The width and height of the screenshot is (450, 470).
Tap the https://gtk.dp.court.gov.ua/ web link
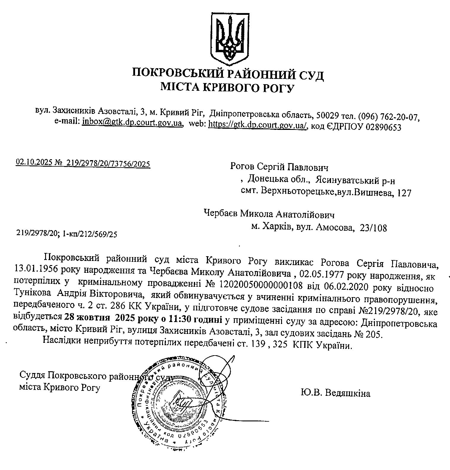click(x=257, y=125)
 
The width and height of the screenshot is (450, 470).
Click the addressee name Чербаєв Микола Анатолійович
click(x=270, y=214)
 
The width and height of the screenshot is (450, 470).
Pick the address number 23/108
click(x=373, y=228)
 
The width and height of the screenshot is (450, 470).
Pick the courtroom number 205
click(x=373, y=334)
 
